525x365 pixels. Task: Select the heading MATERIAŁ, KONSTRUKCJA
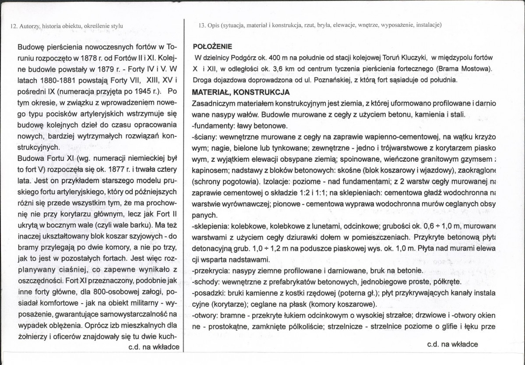coord(241,92)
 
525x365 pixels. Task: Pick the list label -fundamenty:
coord(211,126)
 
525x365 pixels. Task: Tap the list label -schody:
coord(205,282)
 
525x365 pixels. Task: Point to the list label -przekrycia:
coord(211,271)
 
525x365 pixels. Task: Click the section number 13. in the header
coord(202,25)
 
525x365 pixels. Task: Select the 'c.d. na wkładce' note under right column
coord(452,344)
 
